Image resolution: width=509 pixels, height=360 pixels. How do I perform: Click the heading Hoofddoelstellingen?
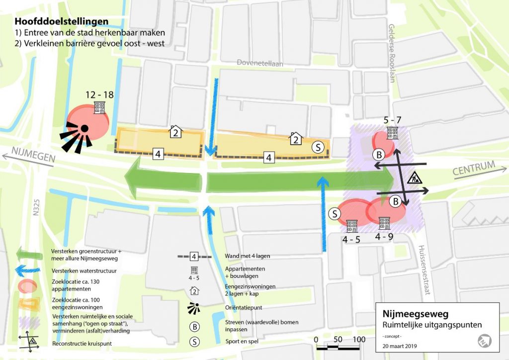point(62,22)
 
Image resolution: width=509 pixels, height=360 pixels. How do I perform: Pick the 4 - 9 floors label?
point(384,237)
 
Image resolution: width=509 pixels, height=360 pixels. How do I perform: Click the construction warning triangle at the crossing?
point(413,178)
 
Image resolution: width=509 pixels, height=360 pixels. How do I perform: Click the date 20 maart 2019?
point(400,345)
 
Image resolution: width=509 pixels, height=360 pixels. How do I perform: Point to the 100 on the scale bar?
point(359,339)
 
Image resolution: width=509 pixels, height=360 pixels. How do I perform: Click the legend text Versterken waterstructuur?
point(84,271)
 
